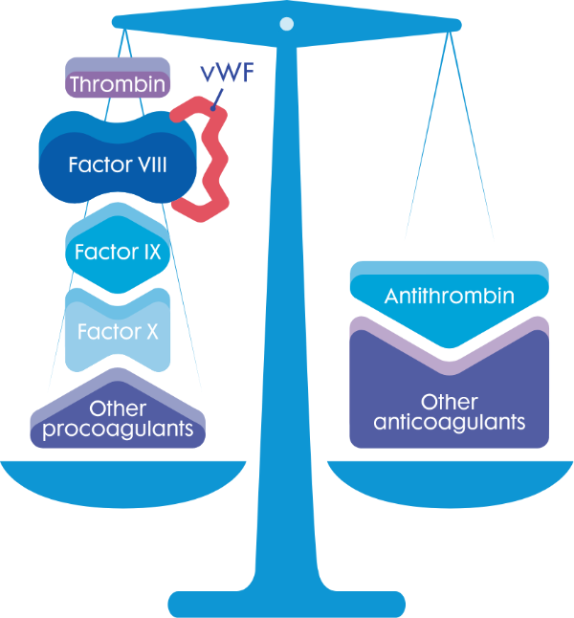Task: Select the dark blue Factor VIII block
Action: click(118, 164)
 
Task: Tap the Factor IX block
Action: click(118, 253)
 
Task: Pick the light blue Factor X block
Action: click(118, 334)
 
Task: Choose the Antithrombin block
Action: click(450, 298)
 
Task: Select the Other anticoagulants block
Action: click(450, 407)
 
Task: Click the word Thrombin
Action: click(118, 84)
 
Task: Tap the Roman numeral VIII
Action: click(148, 165)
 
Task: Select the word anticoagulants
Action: click(450, 422)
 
